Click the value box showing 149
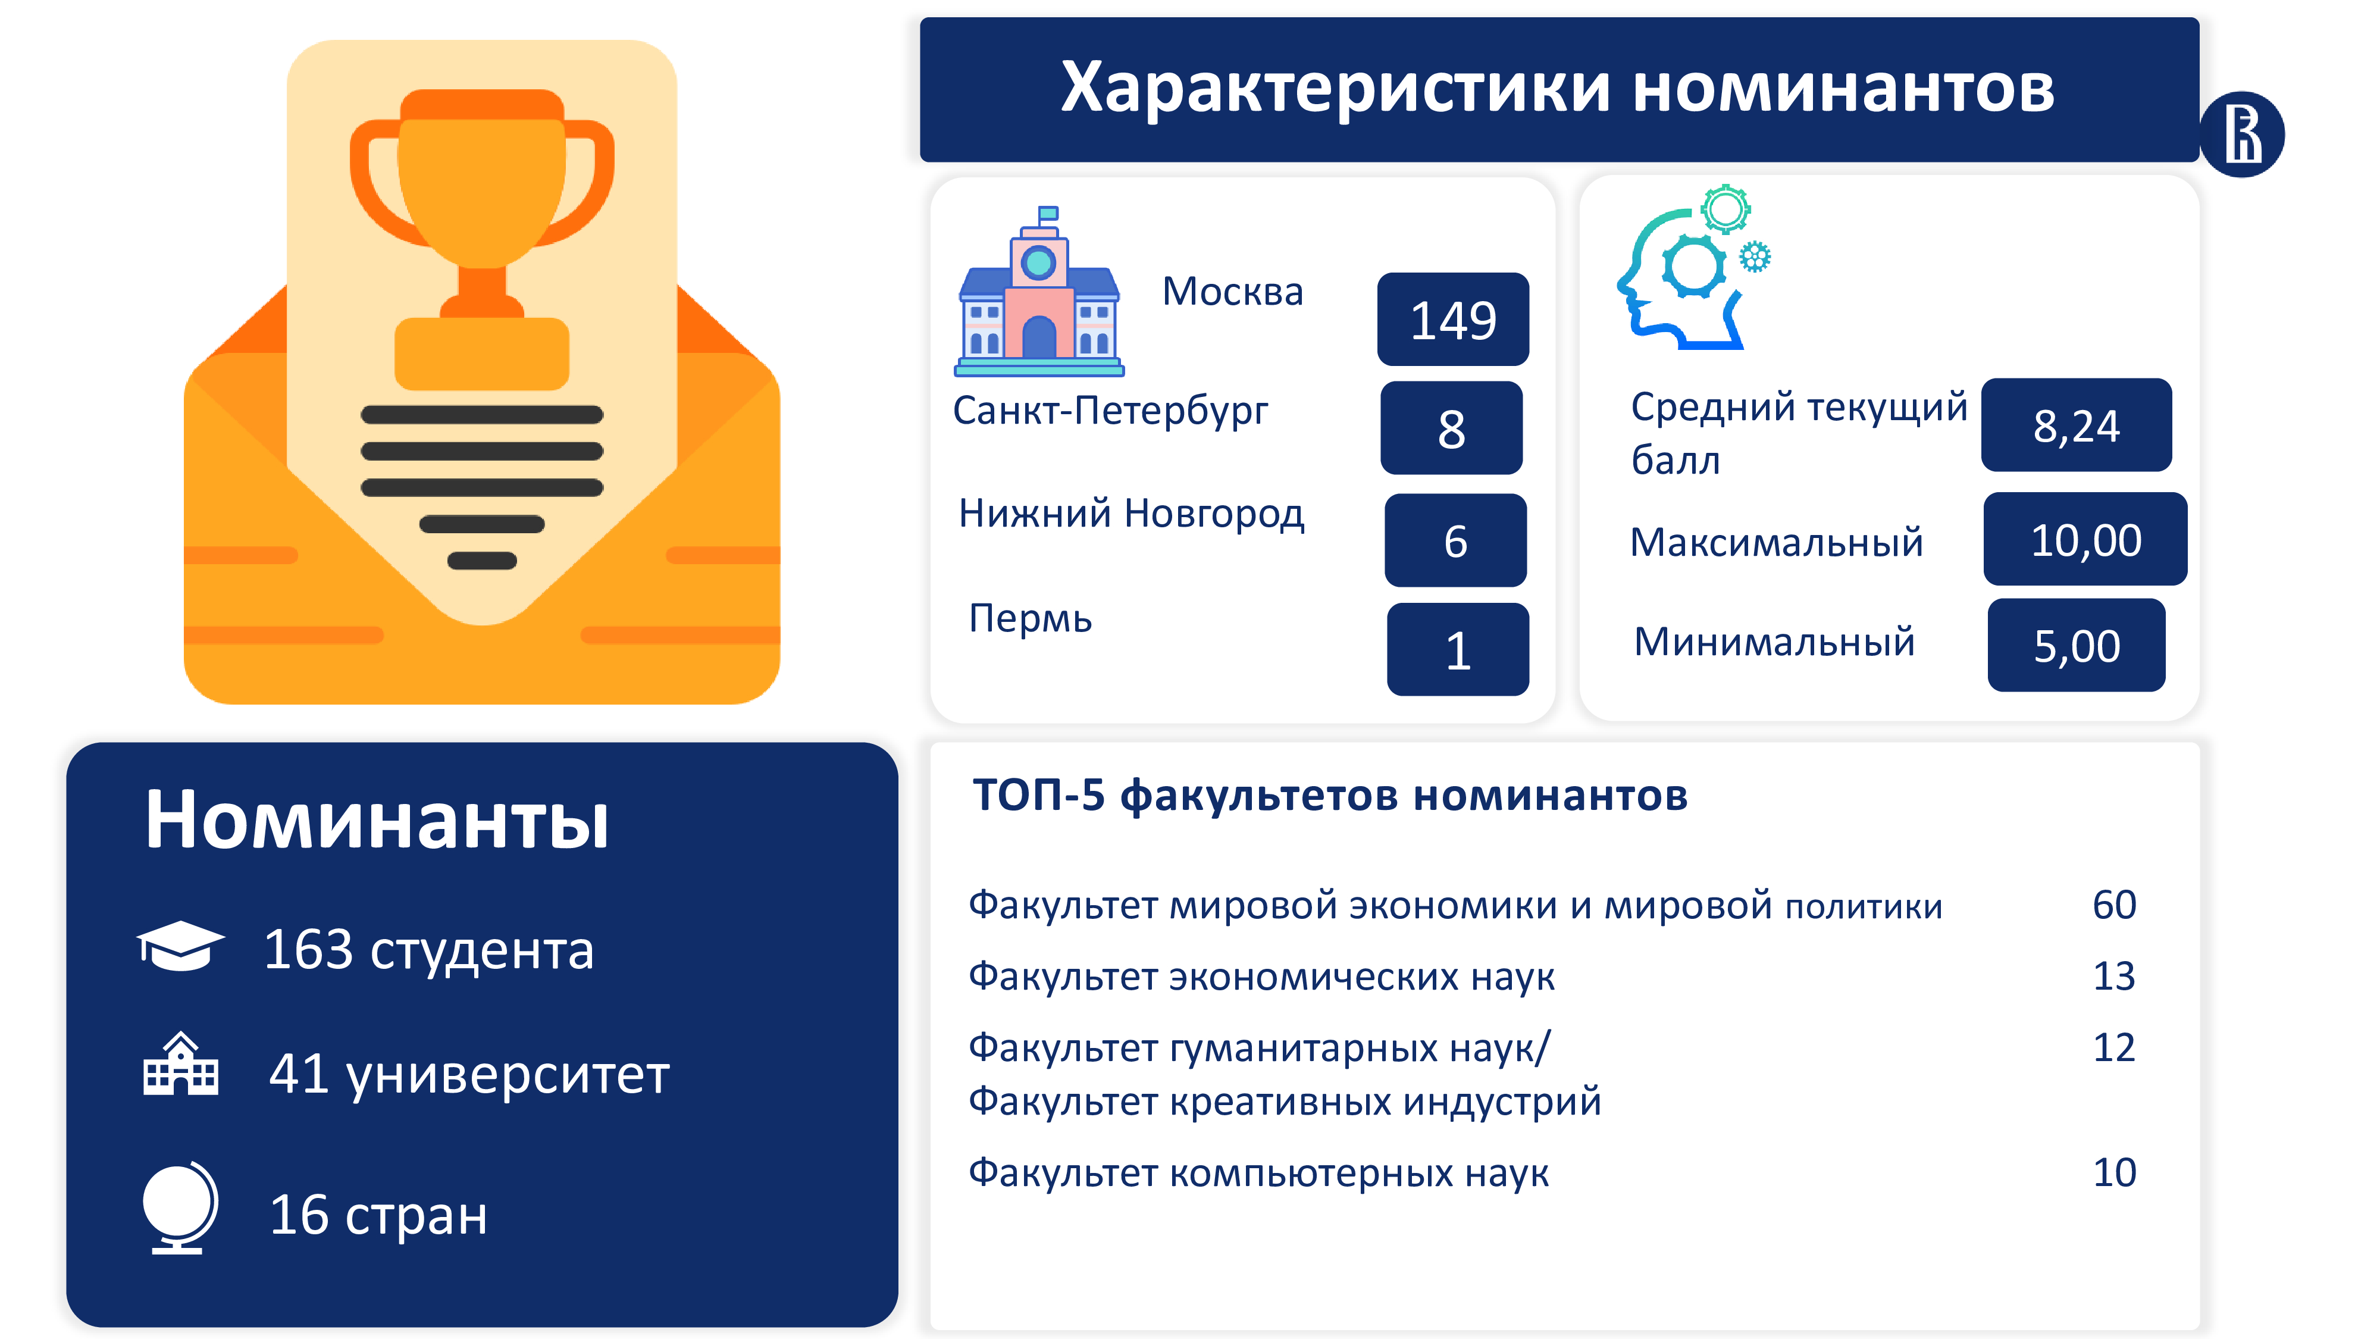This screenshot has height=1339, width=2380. (x=1452, y=319)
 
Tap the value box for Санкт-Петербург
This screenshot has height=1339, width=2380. (x=1451, y=428)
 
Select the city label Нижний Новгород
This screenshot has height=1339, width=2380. (x=1131, y=514)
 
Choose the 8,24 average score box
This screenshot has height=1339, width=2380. (x=2076, y=425)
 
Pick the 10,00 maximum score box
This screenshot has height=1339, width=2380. (x=2085, y=539)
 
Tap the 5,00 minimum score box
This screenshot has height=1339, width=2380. (x=2076, y=645)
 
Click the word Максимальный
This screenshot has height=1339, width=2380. (x=1775, y=542)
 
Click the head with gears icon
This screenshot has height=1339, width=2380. (x=1693, y=267)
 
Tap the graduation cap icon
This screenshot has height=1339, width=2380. (x=180, y=946)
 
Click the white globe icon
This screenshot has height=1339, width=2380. (x=180, y=1207)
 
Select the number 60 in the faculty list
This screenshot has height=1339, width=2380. (x=2114, y=905)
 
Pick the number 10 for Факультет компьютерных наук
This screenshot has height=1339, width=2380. (x=2114, y=1172)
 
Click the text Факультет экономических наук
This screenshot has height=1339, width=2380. (x=1261, y=977)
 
